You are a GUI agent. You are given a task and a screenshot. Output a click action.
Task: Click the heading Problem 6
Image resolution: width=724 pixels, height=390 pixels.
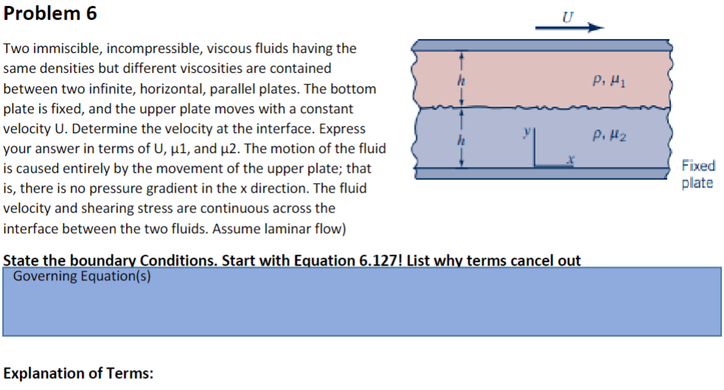[x=50, y=14]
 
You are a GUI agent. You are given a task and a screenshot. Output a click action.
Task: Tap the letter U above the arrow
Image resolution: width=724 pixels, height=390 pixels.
[x=566, y=13]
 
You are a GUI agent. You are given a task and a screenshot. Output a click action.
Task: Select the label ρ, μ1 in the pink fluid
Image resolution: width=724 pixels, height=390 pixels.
[x=606, y=79]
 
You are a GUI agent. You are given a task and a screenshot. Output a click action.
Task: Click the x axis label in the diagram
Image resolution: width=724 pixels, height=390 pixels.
[x=569, y=159]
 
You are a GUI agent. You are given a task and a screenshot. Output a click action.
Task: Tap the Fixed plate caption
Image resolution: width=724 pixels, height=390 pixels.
[x=697, y=174]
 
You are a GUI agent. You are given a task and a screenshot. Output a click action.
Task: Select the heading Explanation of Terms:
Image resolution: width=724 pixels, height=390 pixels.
[x=79, y=373]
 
